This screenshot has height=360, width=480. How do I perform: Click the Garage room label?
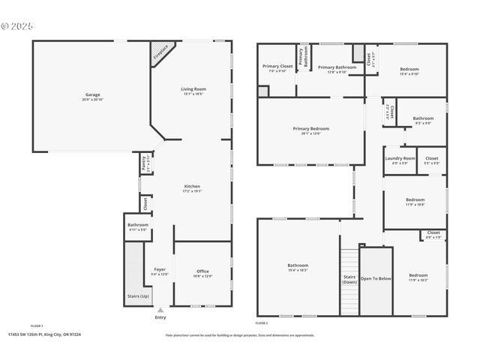pos(93,96)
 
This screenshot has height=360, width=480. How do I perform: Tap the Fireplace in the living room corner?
pos(160,52)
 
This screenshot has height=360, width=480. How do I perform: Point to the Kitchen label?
pos(193,188)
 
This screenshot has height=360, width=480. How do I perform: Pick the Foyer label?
pos(160,271)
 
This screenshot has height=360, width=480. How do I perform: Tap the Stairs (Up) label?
pos(134,295)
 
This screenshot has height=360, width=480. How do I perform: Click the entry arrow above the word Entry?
pos(160,309)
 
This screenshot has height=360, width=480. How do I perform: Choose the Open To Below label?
pos(376,278)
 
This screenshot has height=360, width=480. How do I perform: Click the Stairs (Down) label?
pos(349,279)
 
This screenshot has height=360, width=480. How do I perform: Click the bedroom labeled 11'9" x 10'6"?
pos(415,201)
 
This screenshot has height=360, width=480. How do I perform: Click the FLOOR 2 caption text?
pos(261,322)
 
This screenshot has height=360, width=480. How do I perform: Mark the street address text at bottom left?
pos(44,334)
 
